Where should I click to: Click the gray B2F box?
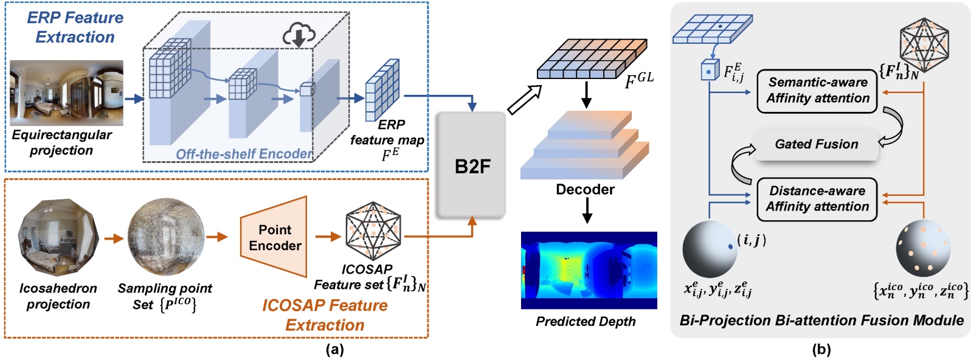point(472,165)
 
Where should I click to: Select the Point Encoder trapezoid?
point(274,237)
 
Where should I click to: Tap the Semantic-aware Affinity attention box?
point(817,91)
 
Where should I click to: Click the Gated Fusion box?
point(816,144)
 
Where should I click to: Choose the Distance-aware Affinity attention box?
point(817,199)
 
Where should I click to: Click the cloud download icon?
point(299,35)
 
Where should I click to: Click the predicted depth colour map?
point(589,270)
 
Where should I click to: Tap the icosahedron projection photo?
point(58,238)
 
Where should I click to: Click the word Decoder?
point(585,190)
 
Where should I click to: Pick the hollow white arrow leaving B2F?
point(523,100)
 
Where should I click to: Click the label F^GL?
point(638,80)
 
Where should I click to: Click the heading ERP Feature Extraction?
point(75,27)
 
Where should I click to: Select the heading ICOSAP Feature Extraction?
point(325,314)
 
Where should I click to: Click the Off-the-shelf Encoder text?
point(244,154)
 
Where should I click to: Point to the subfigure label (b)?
point(821,350)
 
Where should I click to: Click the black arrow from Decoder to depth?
point(586,211)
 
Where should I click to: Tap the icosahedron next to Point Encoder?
point(373,231)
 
